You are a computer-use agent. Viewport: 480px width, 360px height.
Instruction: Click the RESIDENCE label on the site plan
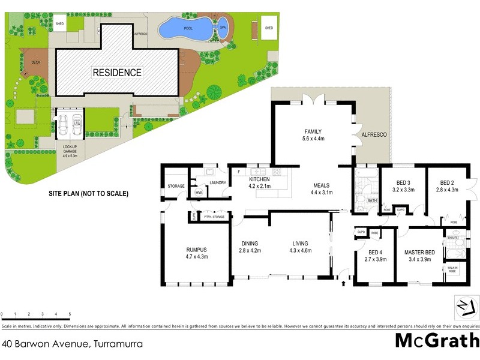click(117, 73)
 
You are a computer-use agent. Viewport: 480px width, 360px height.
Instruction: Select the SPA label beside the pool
click(223, 28)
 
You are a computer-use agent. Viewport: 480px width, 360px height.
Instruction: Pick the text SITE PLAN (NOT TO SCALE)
click(88, 194)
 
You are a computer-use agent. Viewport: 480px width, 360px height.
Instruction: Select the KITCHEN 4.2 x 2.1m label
click(260, 182)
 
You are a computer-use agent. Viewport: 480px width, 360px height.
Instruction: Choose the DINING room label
click(249, 247)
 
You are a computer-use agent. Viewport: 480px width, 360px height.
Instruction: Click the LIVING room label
click(300, 247)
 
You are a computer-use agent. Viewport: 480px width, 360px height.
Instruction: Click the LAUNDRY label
click(218, 183)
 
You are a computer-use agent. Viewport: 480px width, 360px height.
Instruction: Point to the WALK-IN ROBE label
click(452, 269)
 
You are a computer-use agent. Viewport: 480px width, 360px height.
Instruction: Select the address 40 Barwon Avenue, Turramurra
click(61, 344)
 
